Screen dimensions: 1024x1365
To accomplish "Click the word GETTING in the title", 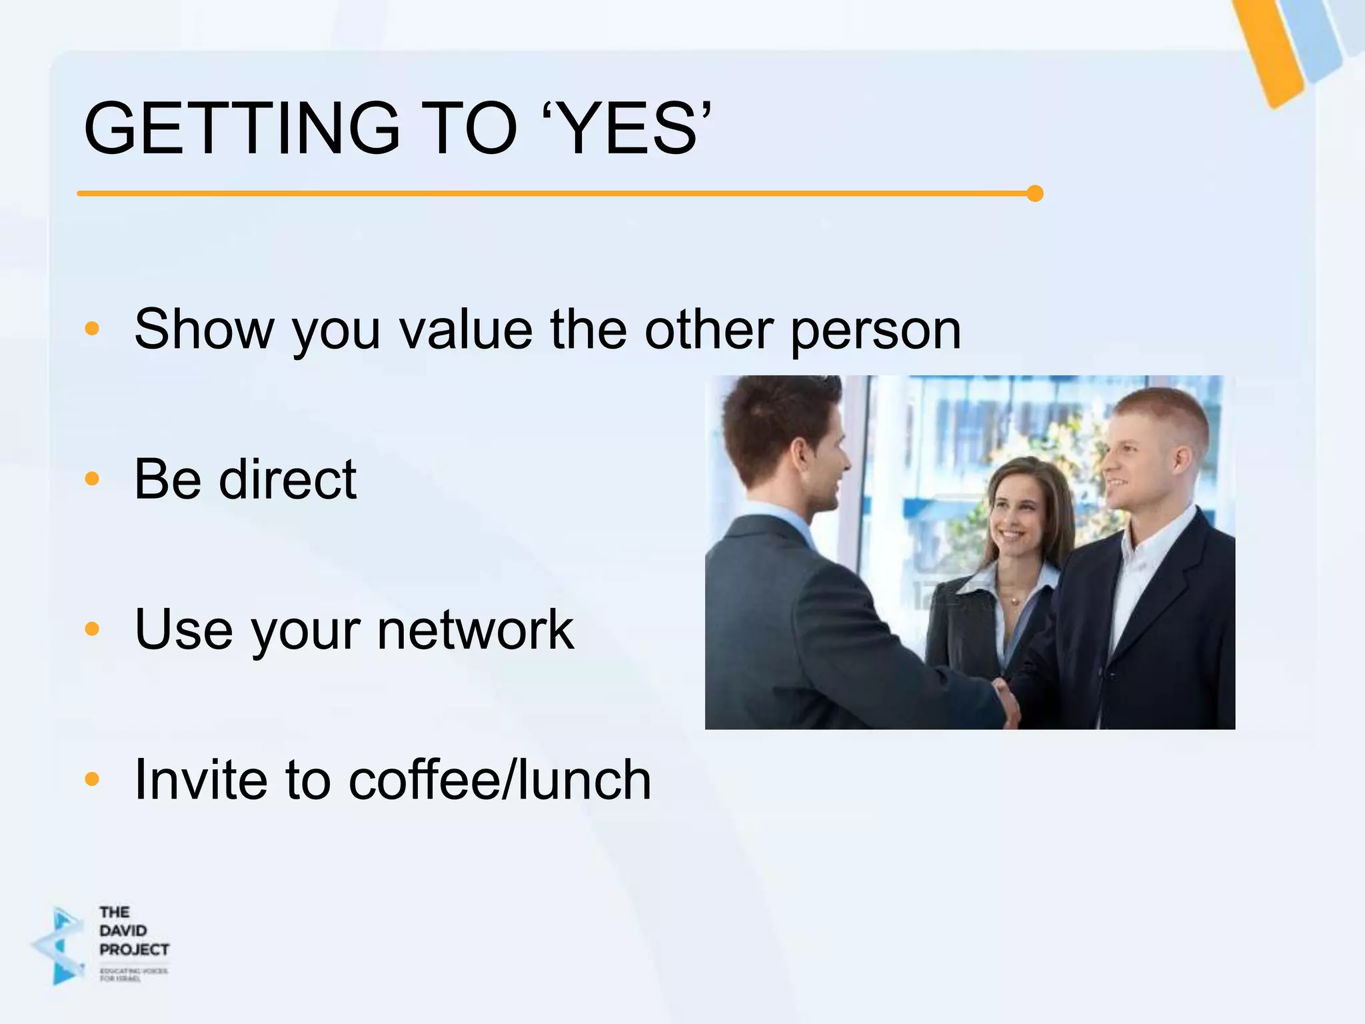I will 241,128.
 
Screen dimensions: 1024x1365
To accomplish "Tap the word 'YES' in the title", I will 629,128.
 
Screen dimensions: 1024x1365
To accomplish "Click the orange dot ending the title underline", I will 1034,193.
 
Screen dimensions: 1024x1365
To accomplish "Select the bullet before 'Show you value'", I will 92,329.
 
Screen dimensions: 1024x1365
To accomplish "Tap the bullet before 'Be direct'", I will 92,479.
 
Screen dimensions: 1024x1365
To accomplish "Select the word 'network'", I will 475,629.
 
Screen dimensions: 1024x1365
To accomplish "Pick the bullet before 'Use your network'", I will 92,629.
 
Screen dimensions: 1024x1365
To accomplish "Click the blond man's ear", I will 1180,460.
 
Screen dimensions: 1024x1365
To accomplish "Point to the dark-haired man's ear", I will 796,460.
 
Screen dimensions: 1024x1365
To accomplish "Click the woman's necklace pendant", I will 1014,601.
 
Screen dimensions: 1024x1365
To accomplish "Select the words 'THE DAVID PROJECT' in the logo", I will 133,931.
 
